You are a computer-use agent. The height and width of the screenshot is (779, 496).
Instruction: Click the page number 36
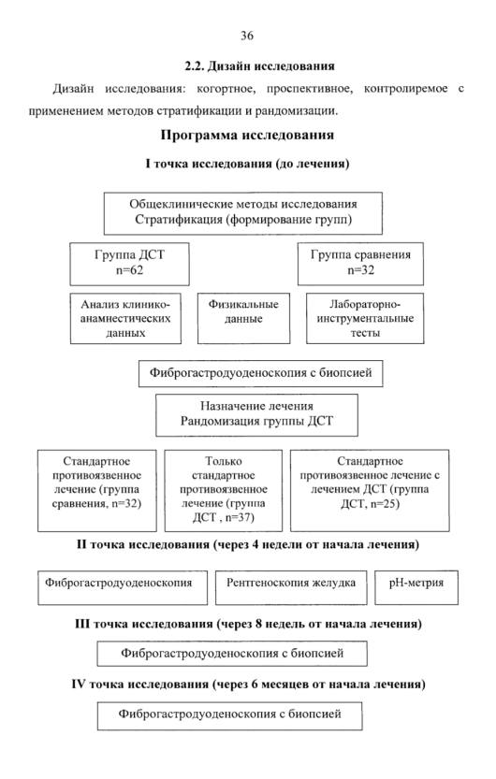click(x=247, y=36)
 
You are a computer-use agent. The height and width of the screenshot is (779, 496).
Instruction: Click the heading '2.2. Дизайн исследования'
click(x=259, y=66)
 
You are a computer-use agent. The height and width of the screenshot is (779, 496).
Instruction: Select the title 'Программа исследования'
click(x=247, y=135)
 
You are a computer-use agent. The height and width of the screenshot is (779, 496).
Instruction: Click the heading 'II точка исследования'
click(x=248, y=544)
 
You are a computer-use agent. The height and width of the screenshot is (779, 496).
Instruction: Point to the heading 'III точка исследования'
click(x=248, y=624)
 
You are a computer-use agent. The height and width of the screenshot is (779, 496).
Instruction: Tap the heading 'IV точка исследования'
click(x=248, y=685)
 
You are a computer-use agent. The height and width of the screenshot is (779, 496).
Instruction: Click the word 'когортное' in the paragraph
click(x=226, y=89)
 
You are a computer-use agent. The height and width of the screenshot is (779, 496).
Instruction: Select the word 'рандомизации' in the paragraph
click(x=297, y=110)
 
